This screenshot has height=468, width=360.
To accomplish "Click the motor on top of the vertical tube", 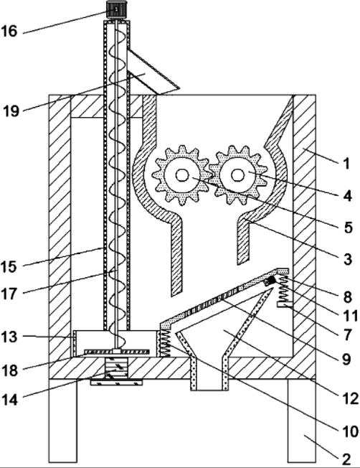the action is (116, 10).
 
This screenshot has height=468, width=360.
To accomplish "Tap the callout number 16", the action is (9, 31).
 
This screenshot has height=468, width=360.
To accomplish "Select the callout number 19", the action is (11, 111).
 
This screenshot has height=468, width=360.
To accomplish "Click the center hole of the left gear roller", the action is (182, 175).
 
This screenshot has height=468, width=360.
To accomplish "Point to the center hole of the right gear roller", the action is (237, 175).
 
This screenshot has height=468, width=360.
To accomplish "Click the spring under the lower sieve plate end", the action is (165, 343).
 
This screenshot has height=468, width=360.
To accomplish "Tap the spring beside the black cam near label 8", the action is (283, 289).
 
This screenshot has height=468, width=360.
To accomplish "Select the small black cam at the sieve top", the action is (271, 280).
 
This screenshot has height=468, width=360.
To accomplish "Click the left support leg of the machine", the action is (62, 421).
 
